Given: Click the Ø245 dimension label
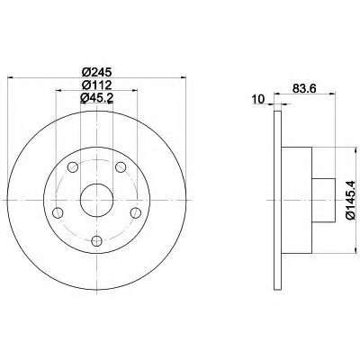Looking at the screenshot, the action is pyautogui.click(x=96, y=72).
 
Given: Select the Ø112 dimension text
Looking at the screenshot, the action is pyautogui.click(x=96, y=85).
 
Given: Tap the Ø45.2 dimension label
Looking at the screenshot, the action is pyautogui.click(x=97, y=98).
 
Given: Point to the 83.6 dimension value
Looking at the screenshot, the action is pyautogui.click(x=305, y=88).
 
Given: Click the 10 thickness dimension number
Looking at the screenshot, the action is pyautogui.click(x=258, y=99).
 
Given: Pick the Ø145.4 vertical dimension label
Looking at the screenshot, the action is pyautogui.click(x=351, y=201).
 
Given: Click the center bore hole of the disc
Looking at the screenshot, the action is pyautogui.click(x=96, y=200).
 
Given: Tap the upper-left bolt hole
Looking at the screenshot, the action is pyautogui.click(x=73, y=166).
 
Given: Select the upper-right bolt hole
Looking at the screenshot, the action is pyautogui.click(x=121, y=166).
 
